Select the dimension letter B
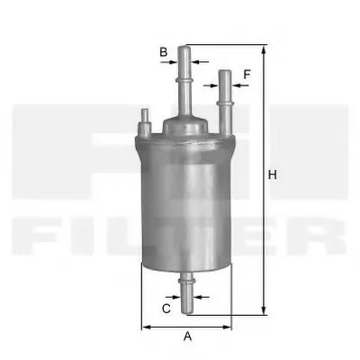(164, 51)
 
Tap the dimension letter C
(166, 308)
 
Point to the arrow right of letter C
(199, 296)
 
